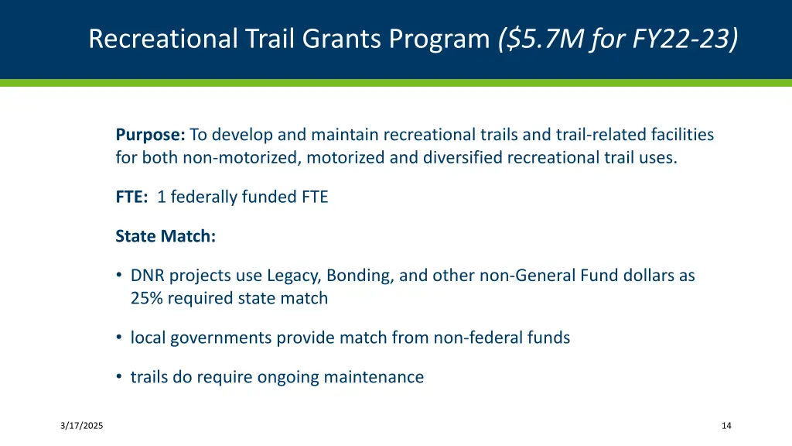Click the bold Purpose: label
pos(150,135)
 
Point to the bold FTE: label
pos(131,197)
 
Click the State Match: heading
pos(166,236)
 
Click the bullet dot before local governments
pos(119,338)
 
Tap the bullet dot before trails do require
pos(119,377)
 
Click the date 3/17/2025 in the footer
pos(83,426)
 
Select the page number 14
pos(725,426)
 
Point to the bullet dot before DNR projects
pos(119,275)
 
